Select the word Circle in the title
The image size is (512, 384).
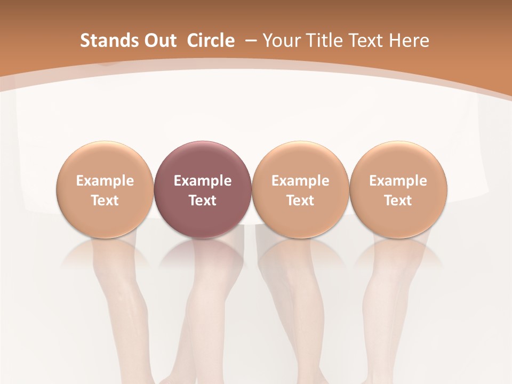click(211, 41)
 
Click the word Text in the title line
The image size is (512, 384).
click(365, 41)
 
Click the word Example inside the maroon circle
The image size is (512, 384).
click(203, 181)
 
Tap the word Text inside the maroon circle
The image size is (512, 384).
click(203, 201)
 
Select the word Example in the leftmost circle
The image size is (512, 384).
click(105, 181)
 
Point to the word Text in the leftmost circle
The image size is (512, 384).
click(105, 201)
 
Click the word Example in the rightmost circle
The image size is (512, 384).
click(398, 181)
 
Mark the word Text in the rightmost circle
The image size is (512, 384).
click(398, 201)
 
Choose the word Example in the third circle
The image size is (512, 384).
click(300, 181)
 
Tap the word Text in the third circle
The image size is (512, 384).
click(300, 201)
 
